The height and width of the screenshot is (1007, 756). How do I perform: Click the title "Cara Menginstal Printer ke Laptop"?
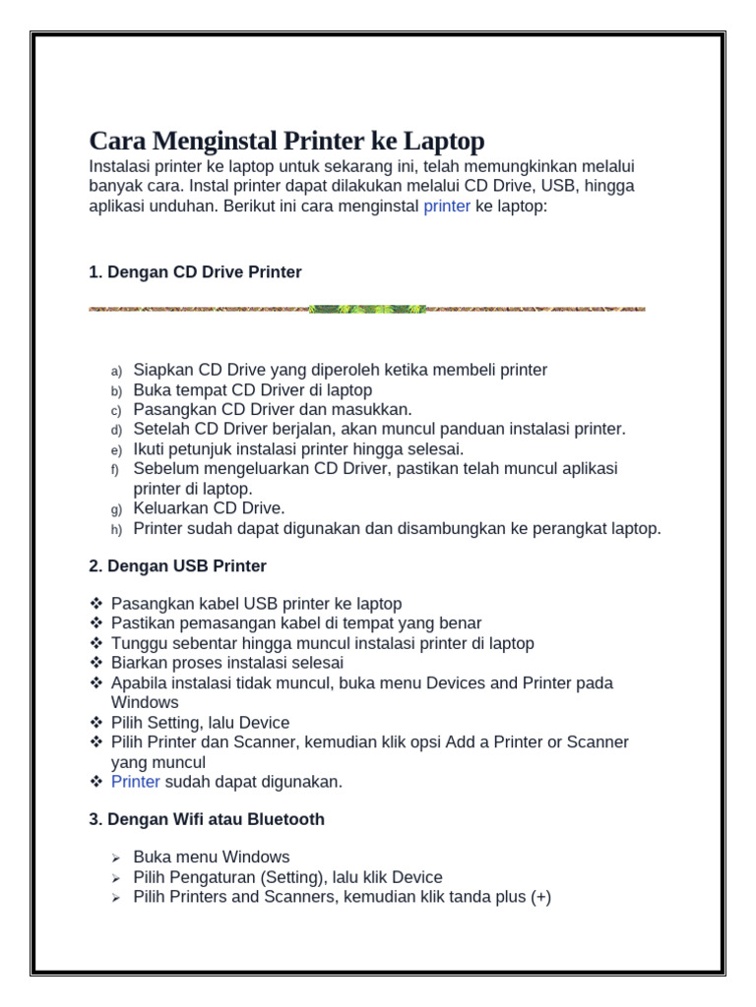(x=286, y=141)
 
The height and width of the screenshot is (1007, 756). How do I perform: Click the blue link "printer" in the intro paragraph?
(x=447, y=207)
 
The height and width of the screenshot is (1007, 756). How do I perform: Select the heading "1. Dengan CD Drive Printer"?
(x=195, y=272)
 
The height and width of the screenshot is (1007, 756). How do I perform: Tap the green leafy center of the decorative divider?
(x=367, y=309)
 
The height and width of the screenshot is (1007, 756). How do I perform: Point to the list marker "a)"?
(x=116, y=371)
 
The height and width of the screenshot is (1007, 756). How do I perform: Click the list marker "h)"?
(x=116, y=529)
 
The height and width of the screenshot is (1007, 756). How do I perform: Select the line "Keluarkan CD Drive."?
(x=209, y=508)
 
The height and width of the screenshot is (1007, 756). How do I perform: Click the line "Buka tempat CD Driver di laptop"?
(x=252, y=390)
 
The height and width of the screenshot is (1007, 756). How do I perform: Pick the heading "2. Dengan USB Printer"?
(x=177, y=566)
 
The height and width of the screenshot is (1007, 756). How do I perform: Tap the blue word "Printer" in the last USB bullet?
(x=136, y=782)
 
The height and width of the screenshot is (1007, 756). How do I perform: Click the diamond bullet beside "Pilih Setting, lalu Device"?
(x=96, y=723)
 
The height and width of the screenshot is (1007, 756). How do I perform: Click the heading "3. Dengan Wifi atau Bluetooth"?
(x=207, y=819)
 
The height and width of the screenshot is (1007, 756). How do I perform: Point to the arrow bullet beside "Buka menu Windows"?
(x=115, y=859)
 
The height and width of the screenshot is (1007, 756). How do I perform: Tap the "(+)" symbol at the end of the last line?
(x=540, y=897)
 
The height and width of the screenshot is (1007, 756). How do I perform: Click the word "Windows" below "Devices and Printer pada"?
(x=145, y=702)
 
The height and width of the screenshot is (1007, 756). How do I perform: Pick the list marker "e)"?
(x=116, y=450)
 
